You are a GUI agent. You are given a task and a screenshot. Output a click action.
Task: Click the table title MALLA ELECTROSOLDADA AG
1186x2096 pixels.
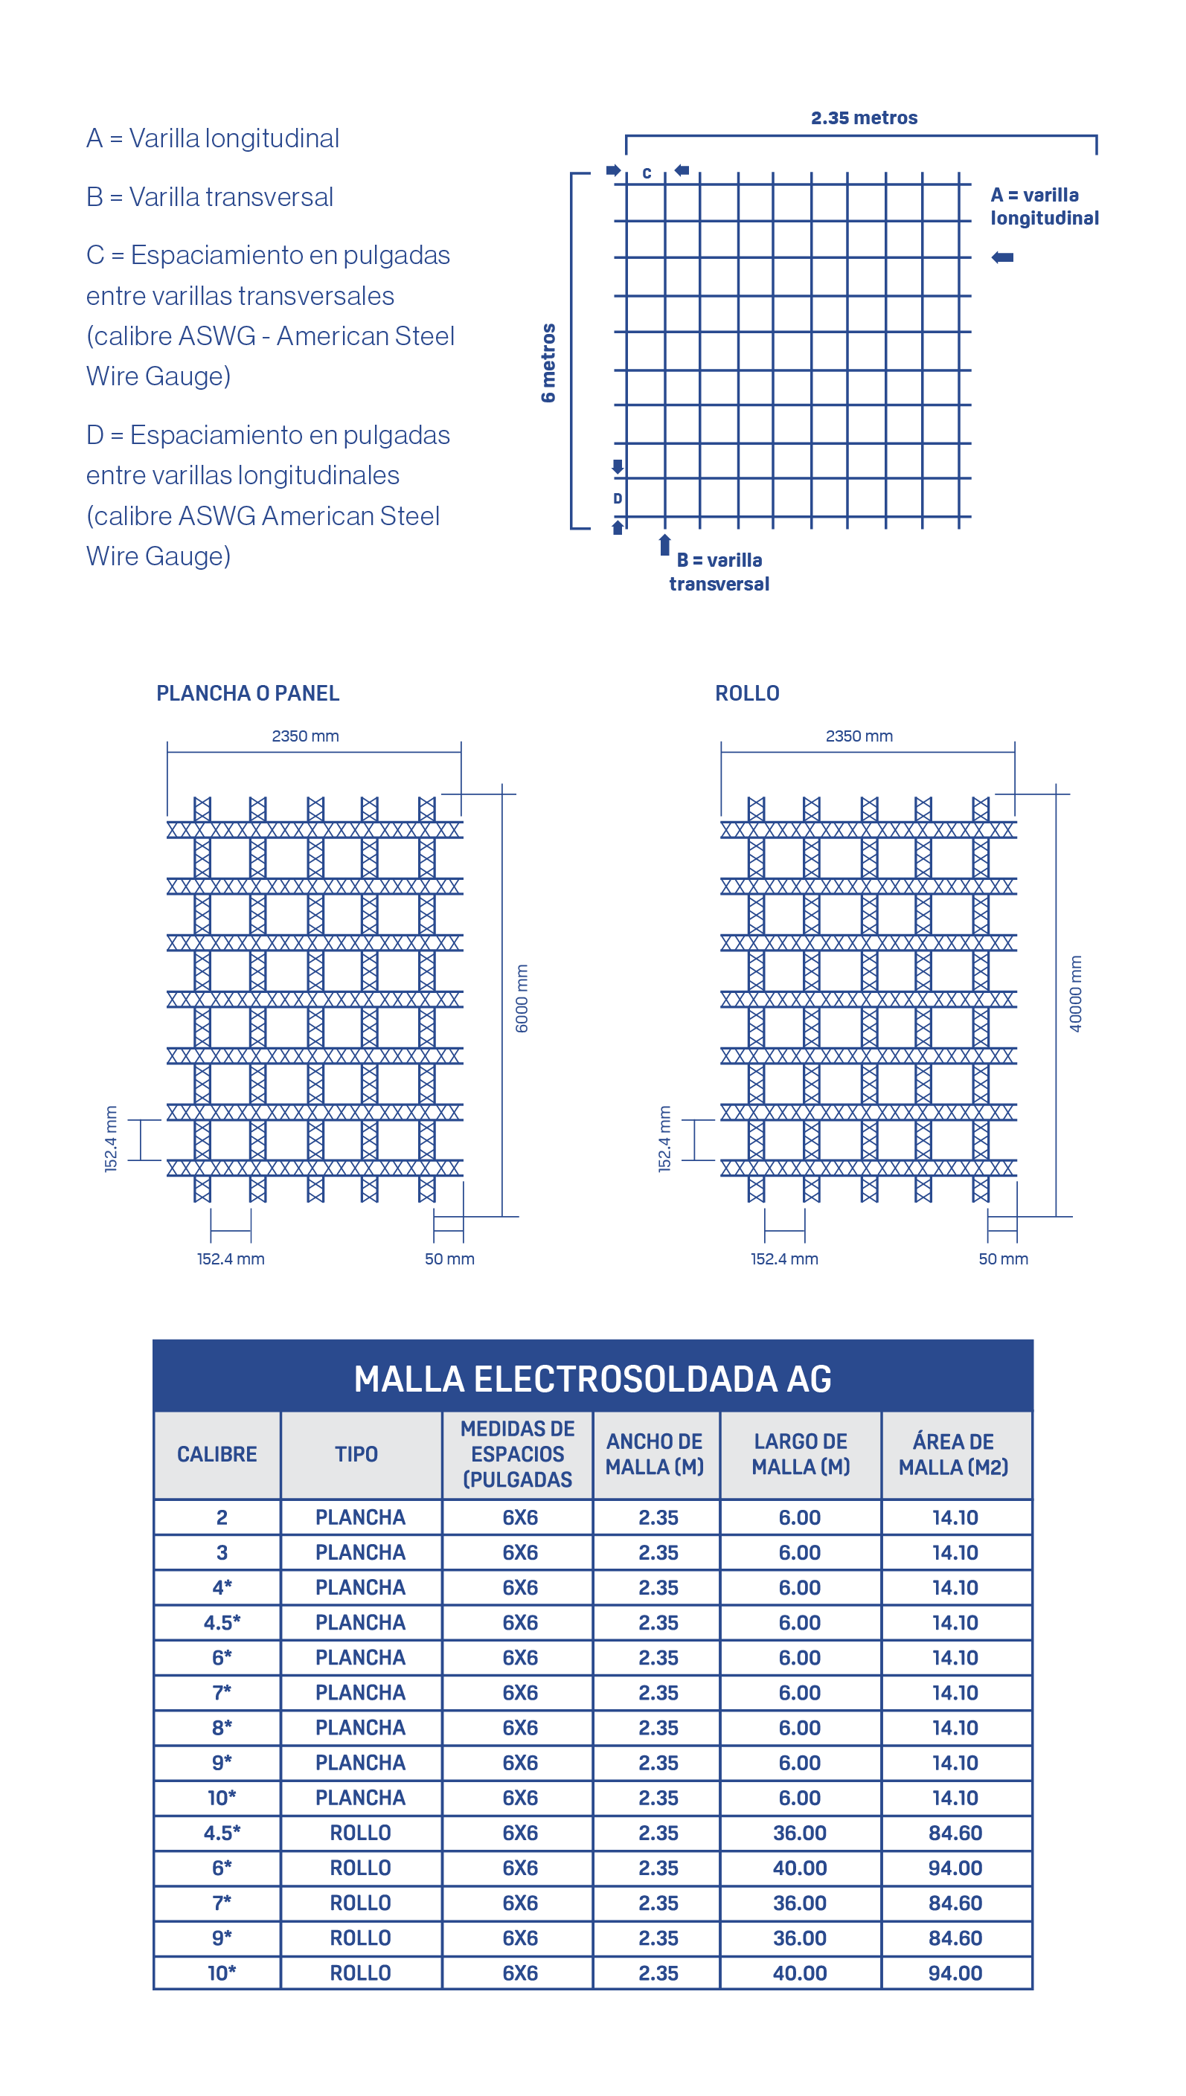pos(592,1378)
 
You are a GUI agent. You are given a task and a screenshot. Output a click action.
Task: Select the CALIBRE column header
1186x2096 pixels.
pos(217,1454)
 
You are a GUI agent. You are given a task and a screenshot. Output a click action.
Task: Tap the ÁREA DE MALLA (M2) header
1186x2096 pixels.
pos(954,1454)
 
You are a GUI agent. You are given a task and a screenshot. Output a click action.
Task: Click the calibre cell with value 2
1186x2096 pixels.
pos(222,1517)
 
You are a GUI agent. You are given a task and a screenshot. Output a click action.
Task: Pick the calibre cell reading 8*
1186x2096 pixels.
pos(222,1727)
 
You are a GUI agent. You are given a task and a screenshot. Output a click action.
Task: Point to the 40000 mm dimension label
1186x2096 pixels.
pos(1075,994)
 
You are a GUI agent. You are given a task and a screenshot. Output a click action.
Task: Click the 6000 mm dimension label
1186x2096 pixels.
pos(522,998)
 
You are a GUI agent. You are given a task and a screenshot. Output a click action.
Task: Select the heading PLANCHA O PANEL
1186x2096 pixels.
pos(248,693)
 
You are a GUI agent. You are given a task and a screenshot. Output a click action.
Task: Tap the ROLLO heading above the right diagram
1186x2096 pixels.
pos(747,693)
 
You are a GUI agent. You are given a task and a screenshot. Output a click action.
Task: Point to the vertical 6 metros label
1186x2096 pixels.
pos(548,362)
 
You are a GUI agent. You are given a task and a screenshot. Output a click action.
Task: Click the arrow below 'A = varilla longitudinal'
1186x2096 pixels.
pos(1003,257)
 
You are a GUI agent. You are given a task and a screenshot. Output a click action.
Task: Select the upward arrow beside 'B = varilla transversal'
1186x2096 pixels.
pos(664,544)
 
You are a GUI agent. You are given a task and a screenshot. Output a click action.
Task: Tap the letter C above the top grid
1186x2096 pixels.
pos(647,173)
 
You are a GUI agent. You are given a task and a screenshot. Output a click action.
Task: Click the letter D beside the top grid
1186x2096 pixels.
pos(618,498)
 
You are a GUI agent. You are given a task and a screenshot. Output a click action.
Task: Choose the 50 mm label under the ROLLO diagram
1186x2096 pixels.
pos(1003,1259)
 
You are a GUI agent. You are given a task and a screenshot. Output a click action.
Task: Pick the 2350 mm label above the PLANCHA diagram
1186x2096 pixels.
pos(306,736)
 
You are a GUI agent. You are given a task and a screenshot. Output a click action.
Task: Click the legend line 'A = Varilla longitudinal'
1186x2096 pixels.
pos(213,138)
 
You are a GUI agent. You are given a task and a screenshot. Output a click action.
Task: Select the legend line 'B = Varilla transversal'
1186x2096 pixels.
pos(210,197)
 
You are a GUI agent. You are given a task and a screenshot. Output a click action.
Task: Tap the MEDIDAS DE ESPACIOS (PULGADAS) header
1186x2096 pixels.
pos(517,1454)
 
